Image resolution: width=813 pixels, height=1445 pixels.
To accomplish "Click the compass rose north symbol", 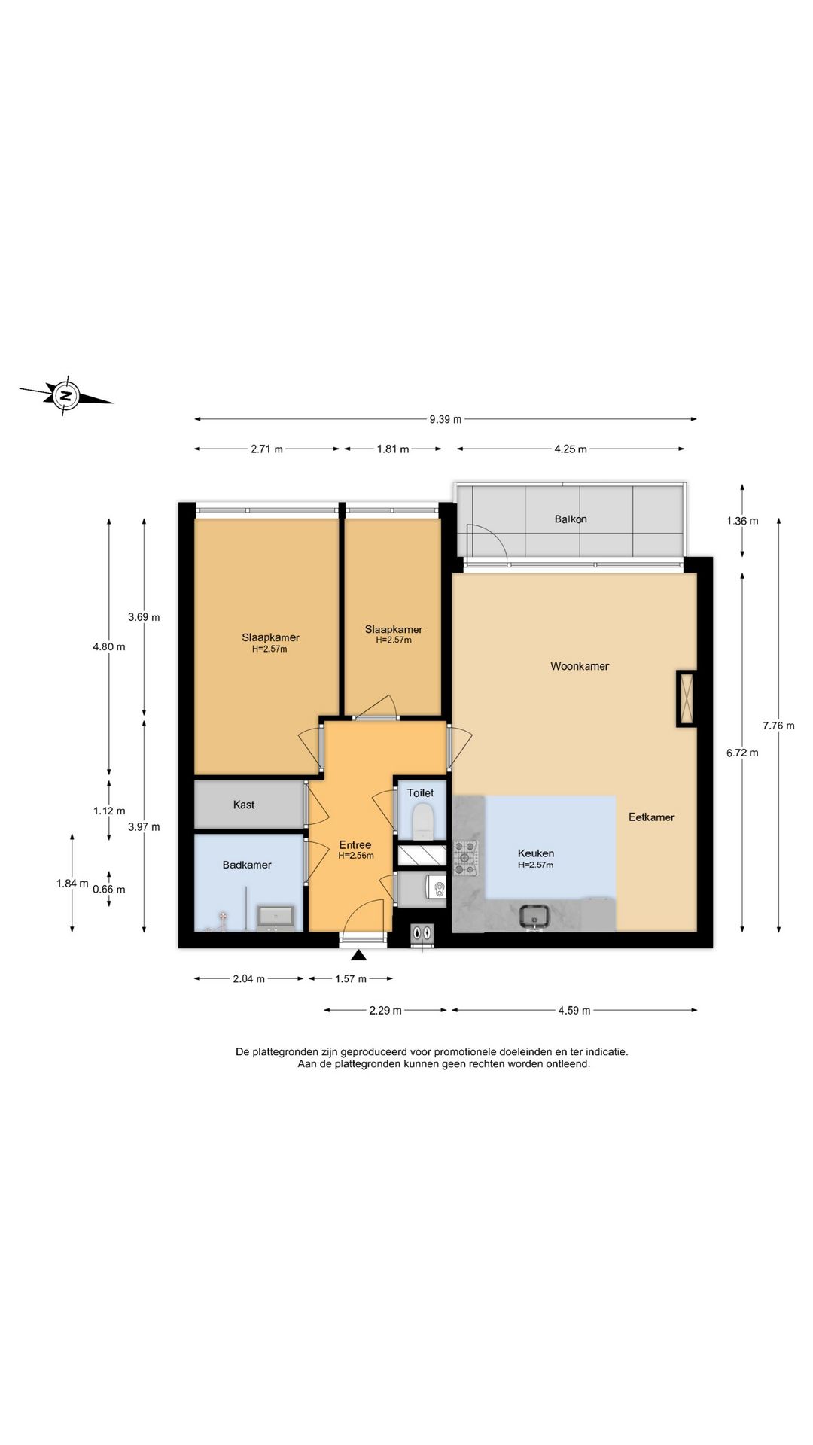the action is pyautogui.click(x=66, y=395).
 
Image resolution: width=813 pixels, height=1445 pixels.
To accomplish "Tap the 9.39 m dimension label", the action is pyautogui.click(x=446, y=419).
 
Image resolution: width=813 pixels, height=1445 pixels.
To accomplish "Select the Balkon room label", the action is pyautogui.click(x=571, y=519).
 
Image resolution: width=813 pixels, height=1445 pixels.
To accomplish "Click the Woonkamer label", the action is pyautogui.click(x=580, y=666).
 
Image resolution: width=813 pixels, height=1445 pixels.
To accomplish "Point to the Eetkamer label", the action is pyautogui.click(x=652, y=817).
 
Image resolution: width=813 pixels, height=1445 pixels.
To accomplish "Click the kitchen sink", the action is pyautogui.click(x=535, y=916).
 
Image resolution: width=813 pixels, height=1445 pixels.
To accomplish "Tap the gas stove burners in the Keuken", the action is pyautogui.click(x=465, y=858).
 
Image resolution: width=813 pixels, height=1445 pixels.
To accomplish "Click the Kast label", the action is pyautogui.click(x=244, y=805).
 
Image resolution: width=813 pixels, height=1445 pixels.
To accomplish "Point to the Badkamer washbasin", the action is pyautogui.click(x=276, y=917).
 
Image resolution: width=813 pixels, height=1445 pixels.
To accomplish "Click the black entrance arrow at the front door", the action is pyautogui.click(x=359, y=956).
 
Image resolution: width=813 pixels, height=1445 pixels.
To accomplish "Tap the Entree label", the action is pyautogui.click(x=355, y=845).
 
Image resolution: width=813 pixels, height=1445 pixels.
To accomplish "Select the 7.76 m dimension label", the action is pyautogui.click(x=778, y=726).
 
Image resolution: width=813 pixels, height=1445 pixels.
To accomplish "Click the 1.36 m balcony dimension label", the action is pyautogui.click(x=742, y=521).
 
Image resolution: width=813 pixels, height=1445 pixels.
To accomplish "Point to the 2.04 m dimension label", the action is pyautogui.click(x=249, y=979).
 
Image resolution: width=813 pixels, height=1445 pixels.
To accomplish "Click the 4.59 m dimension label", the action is pyautogui.click(x=574, y=1011).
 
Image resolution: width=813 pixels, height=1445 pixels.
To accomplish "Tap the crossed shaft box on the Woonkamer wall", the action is pyautogui.click(x=687, y=698).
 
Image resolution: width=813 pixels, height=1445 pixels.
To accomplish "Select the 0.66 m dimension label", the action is pyautogui.click(x=109, y=890).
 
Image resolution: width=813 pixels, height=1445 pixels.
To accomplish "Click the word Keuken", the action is pyautogui.click(x=536, y=853).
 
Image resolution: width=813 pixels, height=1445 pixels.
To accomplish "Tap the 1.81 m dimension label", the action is pyautogui.click(x=393, y=449).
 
